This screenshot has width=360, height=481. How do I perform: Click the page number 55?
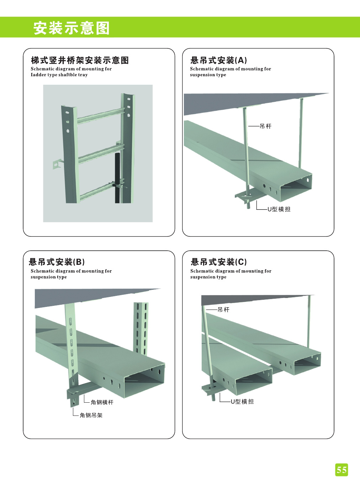(342, 470)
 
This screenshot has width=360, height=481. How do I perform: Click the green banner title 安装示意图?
(72, 28)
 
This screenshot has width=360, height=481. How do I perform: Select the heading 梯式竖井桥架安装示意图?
(80, 60)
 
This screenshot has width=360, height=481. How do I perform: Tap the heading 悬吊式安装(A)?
(218, 60)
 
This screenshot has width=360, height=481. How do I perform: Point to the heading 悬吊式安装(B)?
(57, 262)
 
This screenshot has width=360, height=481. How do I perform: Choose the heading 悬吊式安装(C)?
(218, 262)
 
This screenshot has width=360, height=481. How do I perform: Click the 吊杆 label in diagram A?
(265, 126)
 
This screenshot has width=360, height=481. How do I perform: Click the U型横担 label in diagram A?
(279, 209)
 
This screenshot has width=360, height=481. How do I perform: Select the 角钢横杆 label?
(102, 402)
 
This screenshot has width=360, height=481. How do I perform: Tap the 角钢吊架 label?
(91, 415)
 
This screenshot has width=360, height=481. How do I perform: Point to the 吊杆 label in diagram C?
(223, 310)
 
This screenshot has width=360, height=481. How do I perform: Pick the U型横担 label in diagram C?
(242, 402)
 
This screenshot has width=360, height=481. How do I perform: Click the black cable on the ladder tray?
(117, 171)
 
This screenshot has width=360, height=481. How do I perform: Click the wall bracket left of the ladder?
(57, 164)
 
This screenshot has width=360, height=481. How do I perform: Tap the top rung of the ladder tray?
(100, 115)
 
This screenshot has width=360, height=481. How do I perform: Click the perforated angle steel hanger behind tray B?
(141, 328)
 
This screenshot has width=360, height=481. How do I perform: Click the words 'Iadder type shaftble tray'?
(59, 75)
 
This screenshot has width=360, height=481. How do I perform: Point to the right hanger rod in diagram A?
(301, 132)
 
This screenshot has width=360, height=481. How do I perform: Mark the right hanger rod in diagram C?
(308, 320)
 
